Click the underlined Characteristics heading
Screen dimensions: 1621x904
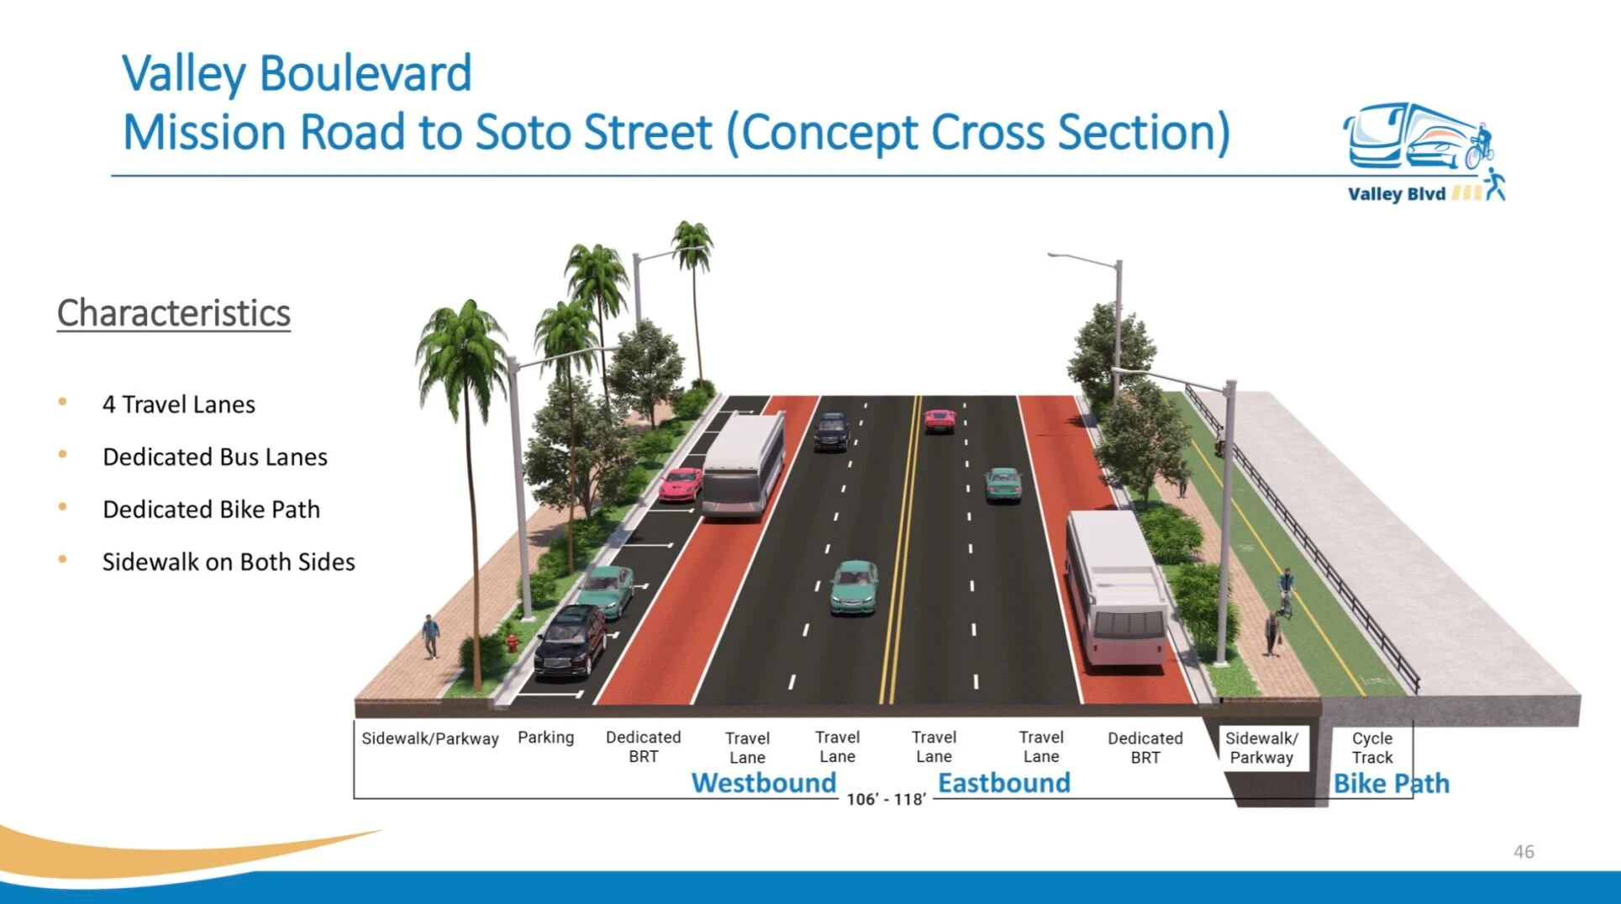click(x=174, y=313)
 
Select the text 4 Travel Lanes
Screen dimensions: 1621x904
click(x=178, y=404)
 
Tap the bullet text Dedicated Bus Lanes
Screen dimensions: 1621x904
click(x=215, y=457)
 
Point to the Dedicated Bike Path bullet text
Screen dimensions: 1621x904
click(x=211, y=510)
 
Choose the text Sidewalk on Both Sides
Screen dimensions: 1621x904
click(x=229, y=562)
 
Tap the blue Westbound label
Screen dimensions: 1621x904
click(x=764, y=783)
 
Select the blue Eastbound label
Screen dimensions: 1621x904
click(x=1004, y=783)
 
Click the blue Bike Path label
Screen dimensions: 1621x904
click(x=1392, y=784)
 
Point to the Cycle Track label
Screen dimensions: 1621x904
click(x=1372, y=748)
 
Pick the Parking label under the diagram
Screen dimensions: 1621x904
click(x=546, y=737)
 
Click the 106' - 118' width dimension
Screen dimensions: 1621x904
click(x=886, y=799)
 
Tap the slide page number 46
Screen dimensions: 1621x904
click(x=1524, y=852)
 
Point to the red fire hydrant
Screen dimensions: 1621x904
click(x=511, y=642)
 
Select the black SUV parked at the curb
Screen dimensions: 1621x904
click(x=571, y=641)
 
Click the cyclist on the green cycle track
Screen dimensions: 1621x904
click(x=1285, y=592)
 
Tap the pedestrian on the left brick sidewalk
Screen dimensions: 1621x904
click(x=430, y=636)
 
